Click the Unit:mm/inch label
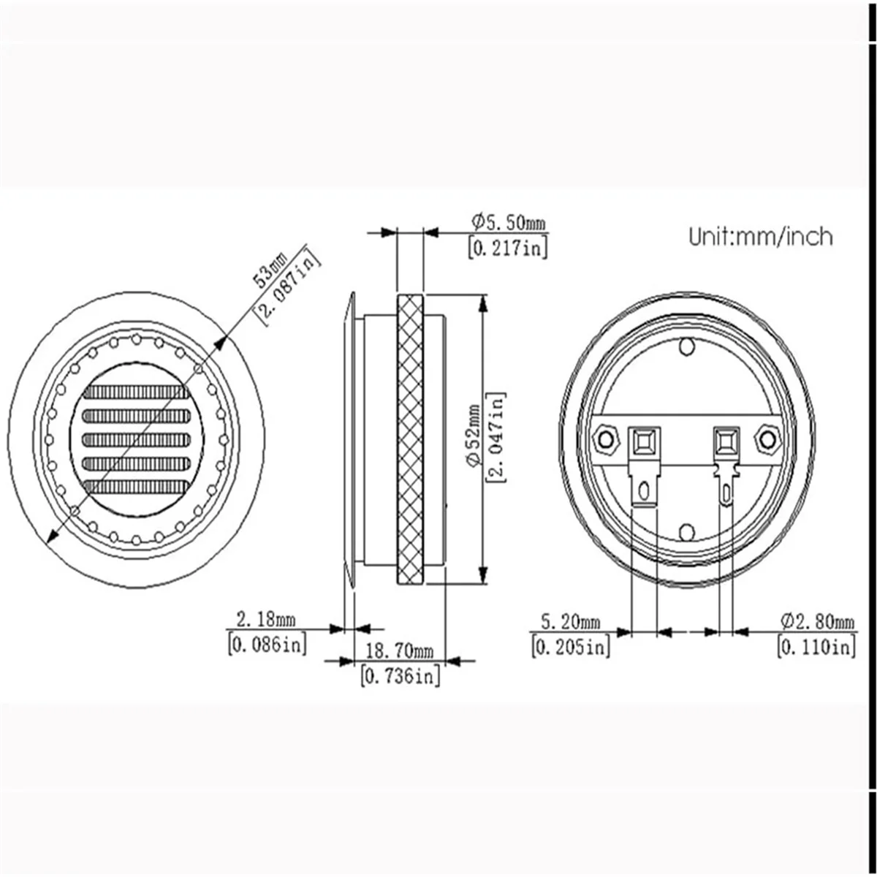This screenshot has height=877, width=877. pos(760,236)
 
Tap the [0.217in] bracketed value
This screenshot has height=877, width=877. pos(506,248)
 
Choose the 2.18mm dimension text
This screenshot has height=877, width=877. pos(265,620)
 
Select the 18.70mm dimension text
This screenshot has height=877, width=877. pos(400,650)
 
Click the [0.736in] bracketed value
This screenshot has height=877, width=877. pos(400,676)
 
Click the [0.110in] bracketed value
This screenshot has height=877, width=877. pos(816,647)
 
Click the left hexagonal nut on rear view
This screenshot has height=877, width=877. pos(605,439)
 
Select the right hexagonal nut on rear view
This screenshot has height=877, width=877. pos(767,439)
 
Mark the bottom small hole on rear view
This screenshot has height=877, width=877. pos(686,531)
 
